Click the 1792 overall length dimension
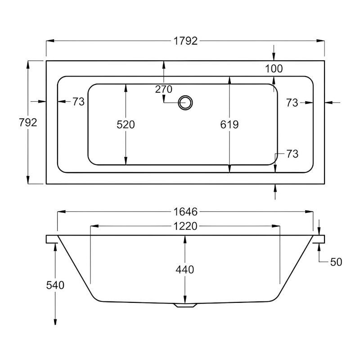coord(185,41)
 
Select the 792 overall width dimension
coord(27,122)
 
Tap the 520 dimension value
coord(126,125)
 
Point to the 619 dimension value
coord(229,125)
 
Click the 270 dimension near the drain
coord(164,89)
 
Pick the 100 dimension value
coord(274,69)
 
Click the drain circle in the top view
coord(185,103)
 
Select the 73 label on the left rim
coord(78,102)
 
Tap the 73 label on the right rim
coord(292,103)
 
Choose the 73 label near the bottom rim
coord(292,154)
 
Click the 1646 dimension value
coord(185,211)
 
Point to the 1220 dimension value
coord(185,226)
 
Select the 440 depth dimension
coord(185,270)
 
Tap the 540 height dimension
coord(55,285)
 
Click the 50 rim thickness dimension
coord(336,262)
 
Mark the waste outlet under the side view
coord(185,305)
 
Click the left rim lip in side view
coord(51,239)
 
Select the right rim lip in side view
coord(319,239)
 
